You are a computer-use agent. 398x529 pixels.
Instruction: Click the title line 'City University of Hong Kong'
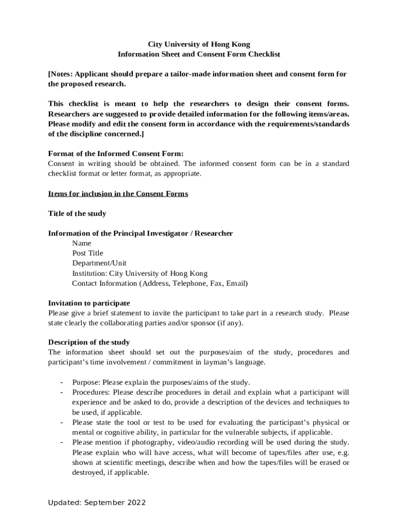(199, 44)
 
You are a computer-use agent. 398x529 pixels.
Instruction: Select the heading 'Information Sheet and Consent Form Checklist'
(199, 54)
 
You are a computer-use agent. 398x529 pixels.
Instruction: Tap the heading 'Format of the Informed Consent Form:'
(116, 153)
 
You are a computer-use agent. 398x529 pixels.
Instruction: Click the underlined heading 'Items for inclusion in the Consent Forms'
(118, 194)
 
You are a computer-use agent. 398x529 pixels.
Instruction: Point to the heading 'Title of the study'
(77, 213)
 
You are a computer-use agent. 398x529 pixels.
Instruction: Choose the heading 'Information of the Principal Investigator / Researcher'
(140, 234)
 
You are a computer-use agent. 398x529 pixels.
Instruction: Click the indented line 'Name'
(82, 243)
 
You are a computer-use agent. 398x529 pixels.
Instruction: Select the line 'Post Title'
(87, 253)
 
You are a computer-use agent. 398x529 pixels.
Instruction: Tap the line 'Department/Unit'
(99, 263)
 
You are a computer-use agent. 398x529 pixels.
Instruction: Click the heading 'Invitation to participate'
(89, 303)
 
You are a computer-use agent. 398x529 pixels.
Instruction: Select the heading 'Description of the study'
(89, 343)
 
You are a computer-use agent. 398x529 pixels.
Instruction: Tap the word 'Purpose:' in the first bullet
(86, 383)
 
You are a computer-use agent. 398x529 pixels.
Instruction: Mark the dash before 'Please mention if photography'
(62, 442)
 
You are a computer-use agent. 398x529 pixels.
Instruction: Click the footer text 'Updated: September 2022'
(97, 503)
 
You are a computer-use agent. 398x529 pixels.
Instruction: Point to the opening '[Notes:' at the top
(61, 74)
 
